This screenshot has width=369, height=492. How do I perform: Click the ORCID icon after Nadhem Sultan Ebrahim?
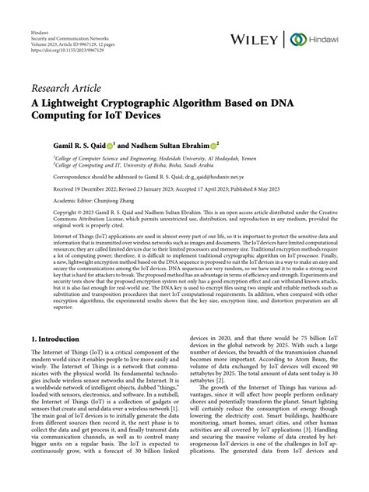pyautogui.click(x=216, y=144)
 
